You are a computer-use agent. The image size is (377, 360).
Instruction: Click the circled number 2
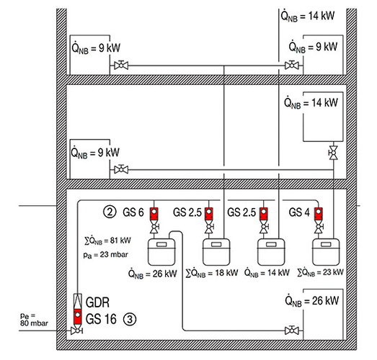[x=110, y=212]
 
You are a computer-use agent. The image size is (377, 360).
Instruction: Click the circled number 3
[x=130, y=319]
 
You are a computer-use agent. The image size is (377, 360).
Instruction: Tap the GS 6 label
[x=133, y=212]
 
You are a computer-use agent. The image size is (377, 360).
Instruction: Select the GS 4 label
[x=299, y=212]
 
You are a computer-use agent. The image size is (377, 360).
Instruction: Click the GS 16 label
[x=101, y=319]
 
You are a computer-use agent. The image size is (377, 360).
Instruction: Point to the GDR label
[x=97, y=302]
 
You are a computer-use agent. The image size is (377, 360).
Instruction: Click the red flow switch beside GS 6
[x=154, y=214]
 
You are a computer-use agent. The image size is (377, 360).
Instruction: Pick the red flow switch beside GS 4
[x=319, y=214]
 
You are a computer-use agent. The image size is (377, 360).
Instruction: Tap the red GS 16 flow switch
[x=77, y=317]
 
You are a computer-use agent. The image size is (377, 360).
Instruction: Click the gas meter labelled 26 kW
[x=161, y=252]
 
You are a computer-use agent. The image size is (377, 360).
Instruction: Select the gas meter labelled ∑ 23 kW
[x=326, y=252]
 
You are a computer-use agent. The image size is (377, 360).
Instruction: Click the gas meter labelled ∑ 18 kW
[x=216, y=252]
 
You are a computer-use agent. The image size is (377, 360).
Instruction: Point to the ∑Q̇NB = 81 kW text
[x=107, y=240]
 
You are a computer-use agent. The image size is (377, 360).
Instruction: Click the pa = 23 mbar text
[x=106, y=254]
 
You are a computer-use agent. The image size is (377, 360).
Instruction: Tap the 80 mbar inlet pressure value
[x=34, y=323]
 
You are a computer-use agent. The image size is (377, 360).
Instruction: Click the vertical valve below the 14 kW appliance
[x=333, y=153]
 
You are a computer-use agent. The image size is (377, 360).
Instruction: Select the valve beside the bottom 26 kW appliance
[x=292, y=330]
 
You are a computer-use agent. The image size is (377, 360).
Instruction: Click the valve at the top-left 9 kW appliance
[x=121, y=65]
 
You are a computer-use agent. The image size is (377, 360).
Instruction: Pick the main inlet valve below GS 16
[x=77, y=331]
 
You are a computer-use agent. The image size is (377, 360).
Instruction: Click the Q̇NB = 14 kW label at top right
[x=308, y=16]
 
